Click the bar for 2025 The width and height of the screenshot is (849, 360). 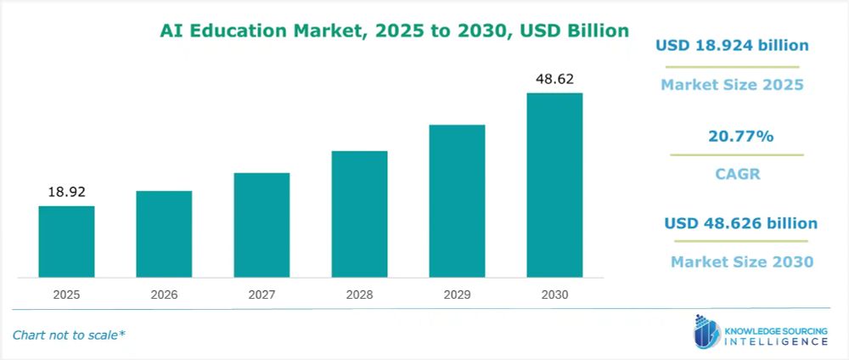(x=66, y=241)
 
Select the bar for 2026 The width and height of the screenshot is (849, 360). (x=164, y=233)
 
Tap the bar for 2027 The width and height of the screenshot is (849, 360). (x=261, y=225)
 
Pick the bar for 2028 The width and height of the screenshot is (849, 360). (x=359, y=214)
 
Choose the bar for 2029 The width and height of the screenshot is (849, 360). (x=457, y=200)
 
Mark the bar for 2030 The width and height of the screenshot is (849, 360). (x=554, y=185)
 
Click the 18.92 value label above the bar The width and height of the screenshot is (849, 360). (x=66, y=192)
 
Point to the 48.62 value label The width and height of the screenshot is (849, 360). (x=554, y=79)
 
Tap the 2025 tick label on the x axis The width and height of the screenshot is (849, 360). (x=66, y=295)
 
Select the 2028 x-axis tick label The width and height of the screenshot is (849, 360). (x=359, y=295)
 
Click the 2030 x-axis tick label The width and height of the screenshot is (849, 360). (x=554, y=295)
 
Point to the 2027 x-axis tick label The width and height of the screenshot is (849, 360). (x=261, y=295)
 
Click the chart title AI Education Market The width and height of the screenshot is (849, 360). (x=395, y=31)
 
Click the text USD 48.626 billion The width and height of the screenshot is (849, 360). (x=740, y=223)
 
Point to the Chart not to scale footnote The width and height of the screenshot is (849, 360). (x=69, y=335)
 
